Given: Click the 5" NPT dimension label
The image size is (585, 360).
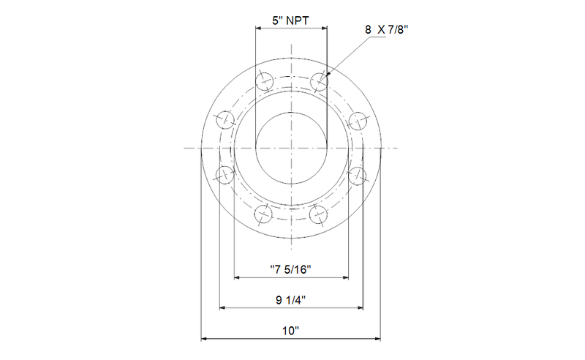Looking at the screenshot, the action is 290,20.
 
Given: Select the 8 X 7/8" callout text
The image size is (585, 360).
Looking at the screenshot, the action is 387,29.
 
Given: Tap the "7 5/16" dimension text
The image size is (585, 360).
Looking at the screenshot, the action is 290,269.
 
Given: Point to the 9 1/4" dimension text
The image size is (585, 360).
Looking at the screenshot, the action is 290,300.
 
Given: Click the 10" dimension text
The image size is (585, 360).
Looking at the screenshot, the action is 290,331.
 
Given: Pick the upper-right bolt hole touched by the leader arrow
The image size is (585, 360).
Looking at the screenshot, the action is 319,81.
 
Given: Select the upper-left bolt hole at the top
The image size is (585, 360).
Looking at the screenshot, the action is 264,81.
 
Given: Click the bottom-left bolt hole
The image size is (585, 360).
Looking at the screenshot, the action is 263,214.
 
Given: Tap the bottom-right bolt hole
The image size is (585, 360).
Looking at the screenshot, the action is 318,214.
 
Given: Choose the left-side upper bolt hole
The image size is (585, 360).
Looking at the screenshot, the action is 225,120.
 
